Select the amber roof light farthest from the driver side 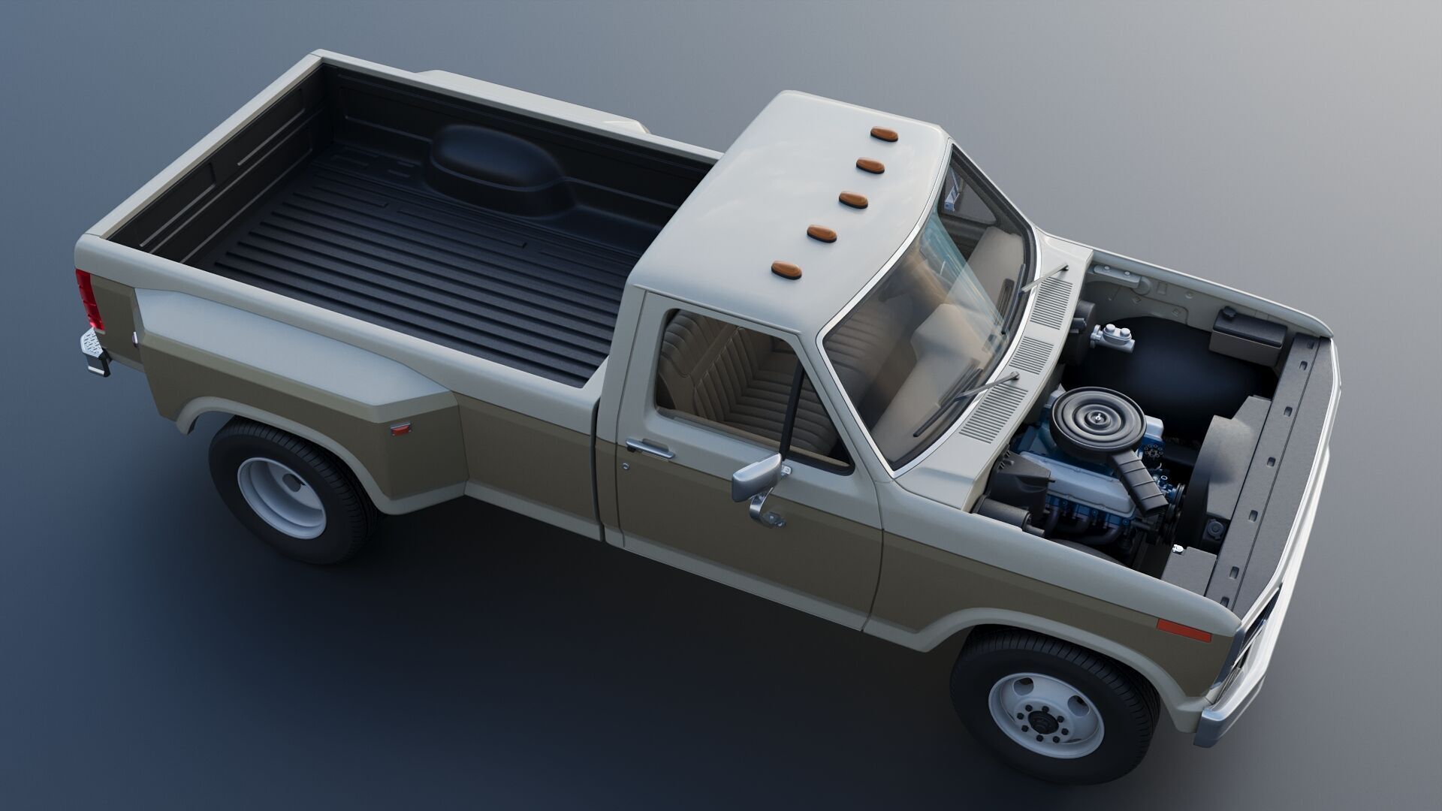pyautogui.click(x=907, y=134)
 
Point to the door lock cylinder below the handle pyautogui.click(x=625, y=466)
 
